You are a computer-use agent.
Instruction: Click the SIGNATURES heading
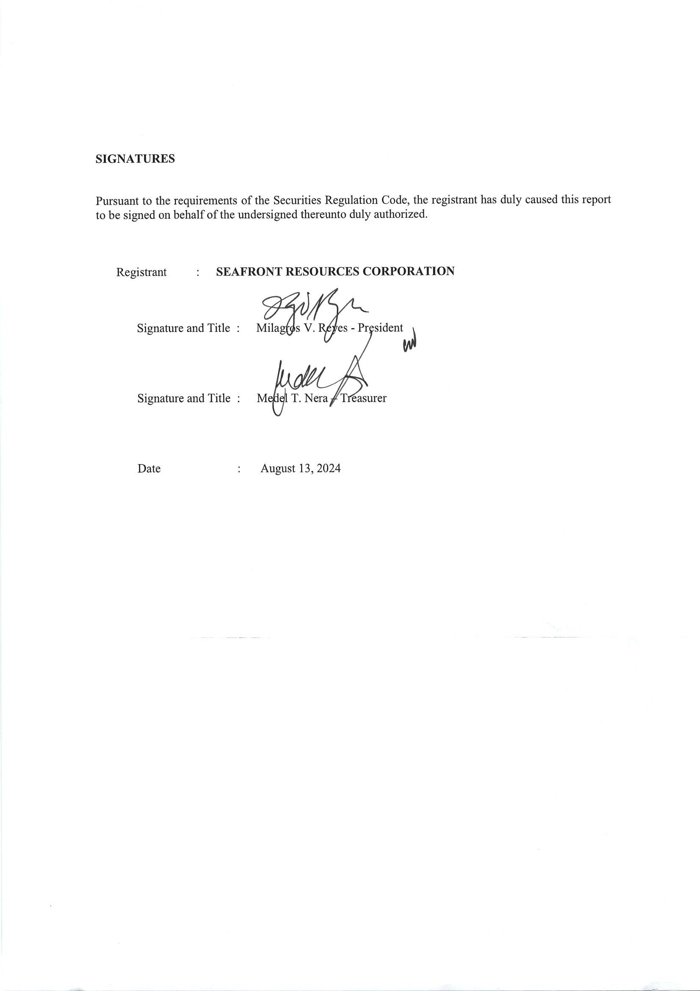point(135,159)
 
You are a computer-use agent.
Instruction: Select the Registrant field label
point(141,273)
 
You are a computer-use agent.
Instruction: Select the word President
point(380,328)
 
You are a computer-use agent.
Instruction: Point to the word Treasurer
point(364,398)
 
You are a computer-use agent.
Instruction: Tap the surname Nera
point(316,398)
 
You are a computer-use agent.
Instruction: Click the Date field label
point(149,469)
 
